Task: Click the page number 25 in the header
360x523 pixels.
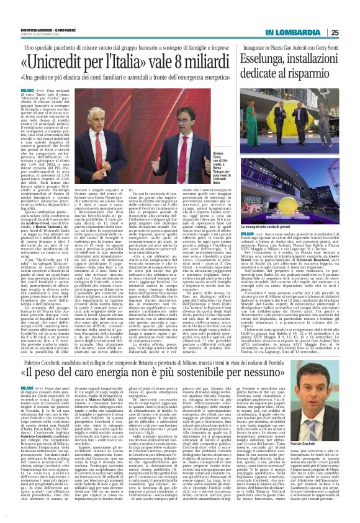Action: coord(352,14)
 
